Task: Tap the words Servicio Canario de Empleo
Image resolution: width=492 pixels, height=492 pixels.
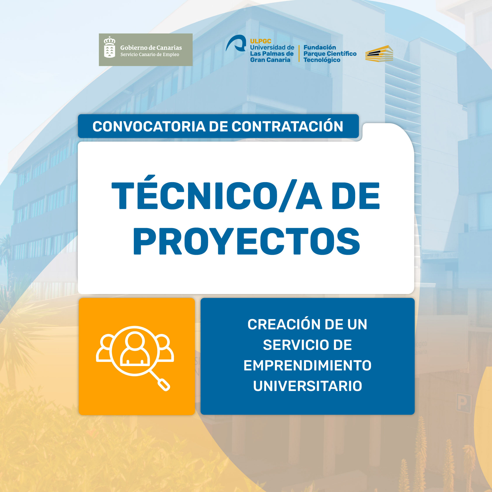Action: tap(150, 54)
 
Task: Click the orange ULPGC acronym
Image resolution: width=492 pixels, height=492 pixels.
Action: tap(260, 41)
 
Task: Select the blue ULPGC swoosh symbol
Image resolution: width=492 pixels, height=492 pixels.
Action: tap(236, 43)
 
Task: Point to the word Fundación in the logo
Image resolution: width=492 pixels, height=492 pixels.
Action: tap(320, 47)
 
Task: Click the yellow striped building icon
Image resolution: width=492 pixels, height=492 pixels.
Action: tap(379, 54)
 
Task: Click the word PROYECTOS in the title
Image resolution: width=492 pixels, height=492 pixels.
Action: tap(246, 241)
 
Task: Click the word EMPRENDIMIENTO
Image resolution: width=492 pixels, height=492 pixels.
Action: tap(307, 365)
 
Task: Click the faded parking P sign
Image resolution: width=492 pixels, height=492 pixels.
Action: tap(463, 403)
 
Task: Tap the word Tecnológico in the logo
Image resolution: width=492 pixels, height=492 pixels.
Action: tap(322, 60)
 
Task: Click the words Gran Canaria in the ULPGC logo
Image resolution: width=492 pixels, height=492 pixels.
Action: tap(270, 60)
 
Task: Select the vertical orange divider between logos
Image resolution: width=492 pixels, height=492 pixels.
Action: tap(299, 54)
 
